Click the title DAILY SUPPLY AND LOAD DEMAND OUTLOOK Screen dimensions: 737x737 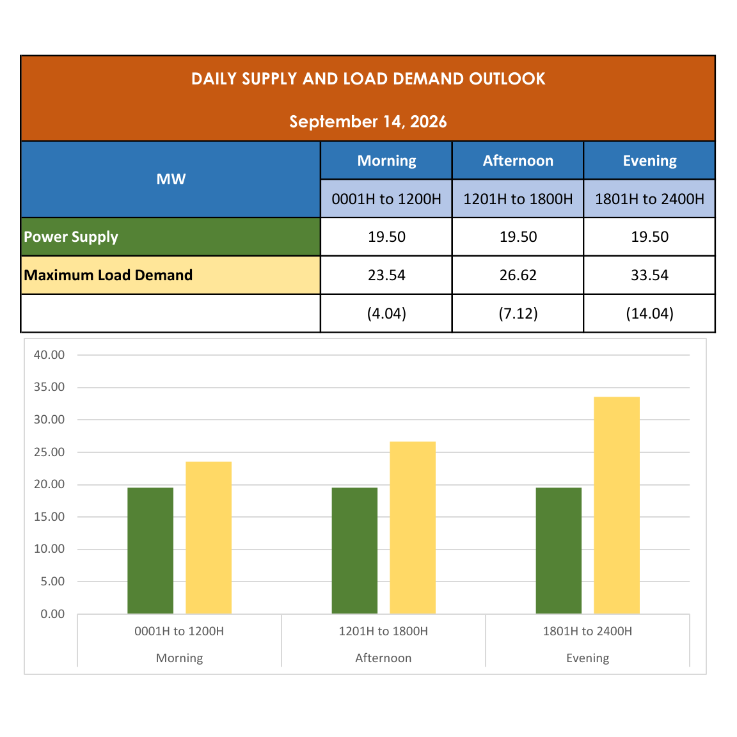pos(368,79)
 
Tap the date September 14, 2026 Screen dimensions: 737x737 pos(368,122)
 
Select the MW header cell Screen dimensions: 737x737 pos(171,179)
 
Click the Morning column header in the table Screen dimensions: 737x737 pos(386,161)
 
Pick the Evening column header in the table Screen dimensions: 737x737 pos(649,161)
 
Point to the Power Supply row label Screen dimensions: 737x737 pos(71,237)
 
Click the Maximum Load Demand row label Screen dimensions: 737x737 pos(108,275)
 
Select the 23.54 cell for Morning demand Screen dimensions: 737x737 pos(386,275)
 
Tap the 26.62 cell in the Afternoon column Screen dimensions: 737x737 pos(518,275)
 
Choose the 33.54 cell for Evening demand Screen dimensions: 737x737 pos(649,275)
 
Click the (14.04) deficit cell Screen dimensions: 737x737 pos(649,313)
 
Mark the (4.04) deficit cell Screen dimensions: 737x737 pos(386,313)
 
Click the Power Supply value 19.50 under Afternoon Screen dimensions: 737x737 pos(518,237)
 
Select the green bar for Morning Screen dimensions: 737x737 pos(150,550)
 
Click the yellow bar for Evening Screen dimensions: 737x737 pos(617,505)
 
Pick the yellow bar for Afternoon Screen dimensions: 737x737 pos(413,527)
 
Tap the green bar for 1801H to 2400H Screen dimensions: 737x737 pos(559,550)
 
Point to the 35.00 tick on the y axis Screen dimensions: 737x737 pos(49,387)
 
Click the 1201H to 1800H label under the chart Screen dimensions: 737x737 pos(384,631)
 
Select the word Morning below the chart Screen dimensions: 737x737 pos(180,658)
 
